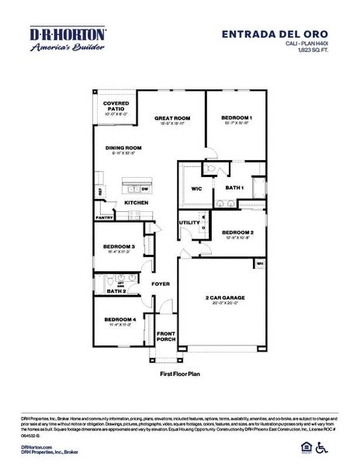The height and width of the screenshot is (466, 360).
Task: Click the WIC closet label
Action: click(196, 188)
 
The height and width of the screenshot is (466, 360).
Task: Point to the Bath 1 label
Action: click(234, 188)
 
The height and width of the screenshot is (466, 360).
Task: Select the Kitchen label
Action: click(137, 203)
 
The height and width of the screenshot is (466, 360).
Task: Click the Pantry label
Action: click(104, 218)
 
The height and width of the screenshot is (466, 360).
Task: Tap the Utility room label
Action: click(189, 222)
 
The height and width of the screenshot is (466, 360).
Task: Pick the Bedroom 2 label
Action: click(237, 232)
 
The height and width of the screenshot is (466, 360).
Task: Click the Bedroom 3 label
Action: click(119, 247)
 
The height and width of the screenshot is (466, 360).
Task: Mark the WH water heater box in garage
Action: click(259, 264)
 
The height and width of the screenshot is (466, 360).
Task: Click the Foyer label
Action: click(161, 284)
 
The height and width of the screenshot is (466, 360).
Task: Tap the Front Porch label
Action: click(166, 336)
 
